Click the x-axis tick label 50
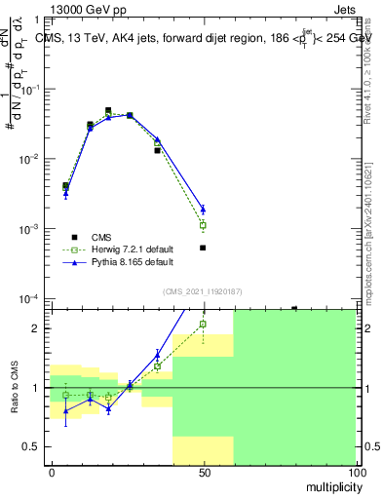[x=204, y=472]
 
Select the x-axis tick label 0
[x=52, y=472]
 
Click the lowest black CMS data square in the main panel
[x=203, y=248]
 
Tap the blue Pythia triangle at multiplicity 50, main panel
[x=203, y=209]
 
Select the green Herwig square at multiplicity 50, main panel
[x=203, y=225]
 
